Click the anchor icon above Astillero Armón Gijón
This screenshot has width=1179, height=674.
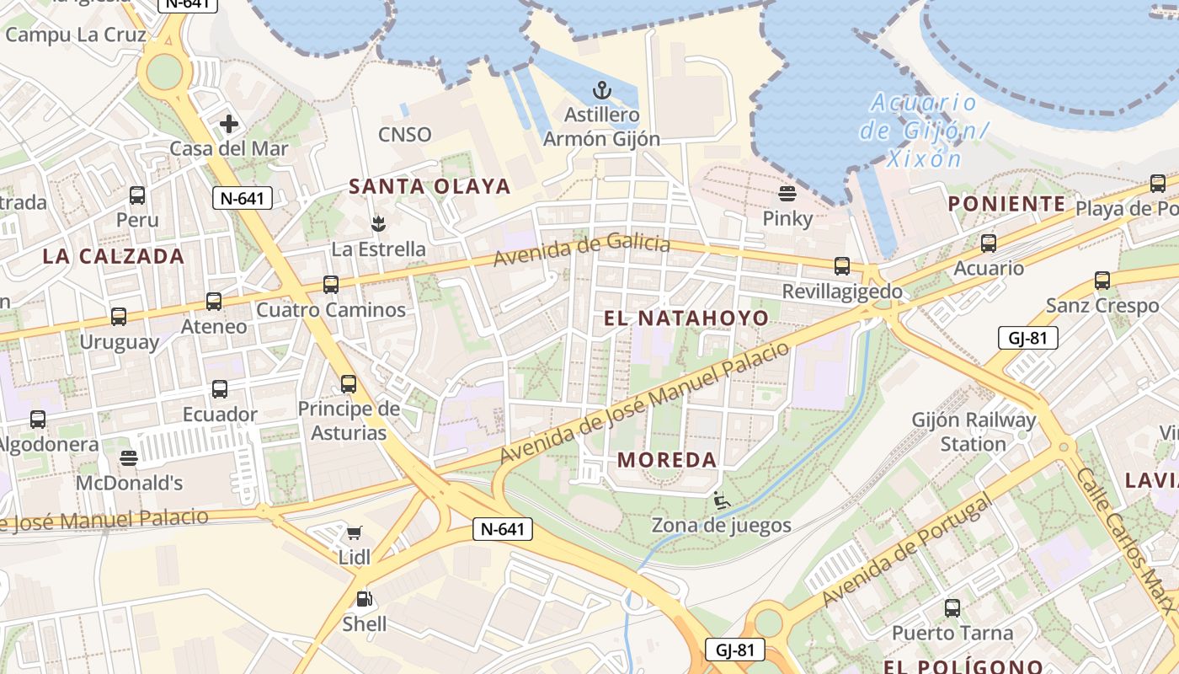point(601,89)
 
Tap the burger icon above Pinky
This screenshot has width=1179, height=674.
point(787,194)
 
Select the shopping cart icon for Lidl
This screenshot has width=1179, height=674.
point(355,532)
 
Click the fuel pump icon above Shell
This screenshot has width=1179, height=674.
point(365,599)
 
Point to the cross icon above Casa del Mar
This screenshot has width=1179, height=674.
point(228,125)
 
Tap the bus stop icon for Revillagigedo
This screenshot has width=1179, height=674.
point(842,266)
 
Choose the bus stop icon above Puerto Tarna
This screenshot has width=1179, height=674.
point(952,607)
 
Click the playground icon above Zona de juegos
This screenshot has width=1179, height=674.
point(722,500)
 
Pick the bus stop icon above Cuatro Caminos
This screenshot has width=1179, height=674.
point(331,285)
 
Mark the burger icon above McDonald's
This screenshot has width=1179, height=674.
point(129,457)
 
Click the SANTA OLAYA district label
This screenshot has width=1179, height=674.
point(429,186)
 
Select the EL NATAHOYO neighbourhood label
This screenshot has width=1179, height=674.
point(686,318)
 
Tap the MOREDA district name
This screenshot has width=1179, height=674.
point(667,460)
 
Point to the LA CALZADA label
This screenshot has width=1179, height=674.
point(113,256)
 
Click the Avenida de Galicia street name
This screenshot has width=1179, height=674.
point(582,250)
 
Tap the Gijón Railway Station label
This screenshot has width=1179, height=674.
point(974,431)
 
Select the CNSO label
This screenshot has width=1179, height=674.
point(404,135)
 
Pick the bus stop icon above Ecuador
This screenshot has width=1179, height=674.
point(220,389)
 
